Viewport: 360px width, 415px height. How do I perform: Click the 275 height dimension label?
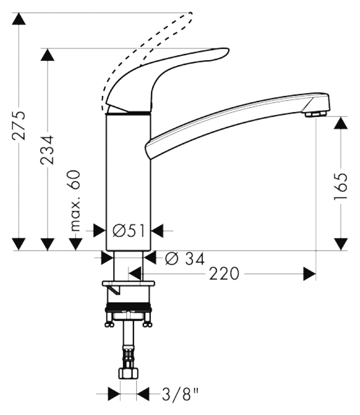pyautogui.click(x=19, y=125)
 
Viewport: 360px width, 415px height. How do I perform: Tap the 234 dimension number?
pyautogui.click(x=48, y=150)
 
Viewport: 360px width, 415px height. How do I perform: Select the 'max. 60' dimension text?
pyautogui.click(x=76, y=201)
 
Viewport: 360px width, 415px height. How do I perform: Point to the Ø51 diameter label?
pyautogui.click(x=129, y=231)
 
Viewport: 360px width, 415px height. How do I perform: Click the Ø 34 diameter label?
pyautogui.click(x=185, y=258)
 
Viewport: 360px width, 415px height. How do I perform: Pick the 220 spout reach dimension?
pyautogui.click(x=224, y=274)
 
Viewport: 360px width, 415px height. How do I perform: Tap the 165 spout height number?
pyautogui.click(x=341, y=186)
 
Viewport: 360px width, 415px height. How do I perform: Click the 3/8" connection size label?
pyautogui.click(x=180, y=394)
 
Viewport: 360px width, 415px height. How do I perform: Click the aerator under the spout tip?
pyautogui.click(x=315, y=115)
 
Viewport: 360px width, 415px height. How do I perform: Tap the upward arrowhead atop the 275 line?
pyautogui.click(x=19, y=19)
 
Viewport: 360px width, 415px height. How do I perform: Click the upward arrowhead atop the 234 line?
pyautogui.click(x=48, y=54)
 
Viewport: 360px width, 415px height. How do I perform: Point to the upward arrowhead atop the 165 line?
pyautogui.click(x=341, y=123)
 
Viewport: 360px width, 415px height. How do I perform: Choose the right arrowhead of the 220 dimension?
pyautogui.click(x=310, y=274)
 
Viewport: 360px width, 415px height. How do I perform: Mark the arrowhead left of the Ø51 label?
pyautogui.click(x=100, y=231)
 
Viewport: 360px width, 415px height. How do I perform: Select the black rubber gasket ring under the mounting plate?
pyautogui.click(x=128, y=307)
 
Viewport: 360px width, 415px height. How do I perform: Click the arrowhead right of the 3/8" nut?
pyautogui.click(x=143, y=394)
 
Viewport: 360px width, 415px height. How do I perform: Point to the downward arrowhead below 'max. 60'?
pyautogui.click(x=76, y=244)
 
